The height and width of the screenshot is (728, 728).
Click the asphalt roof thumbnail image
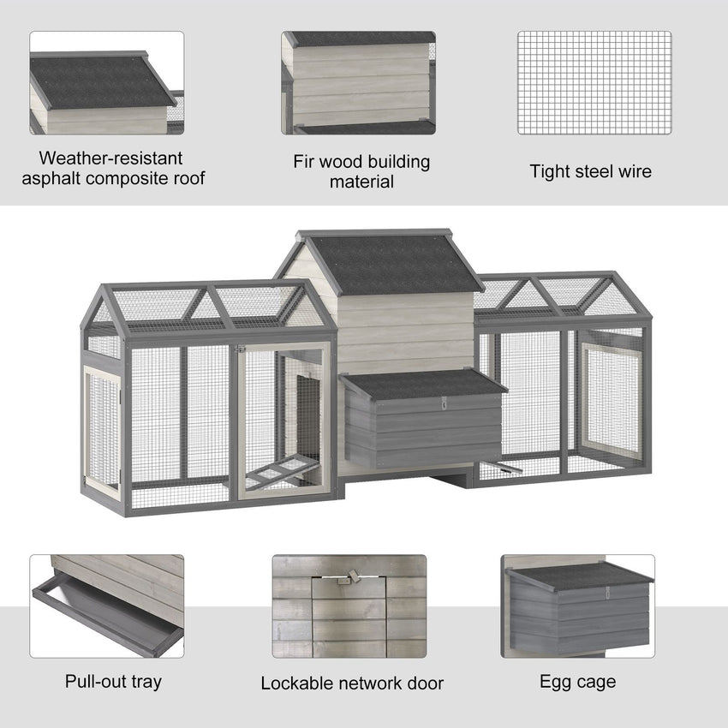(107, 83)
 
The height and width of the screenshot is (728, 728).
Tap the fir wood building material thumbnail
(359, 83)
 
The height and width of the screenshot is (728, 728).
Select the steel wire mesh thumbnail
(594, 83)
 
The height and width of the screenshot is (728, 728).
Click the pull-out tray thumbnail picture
(107, 606)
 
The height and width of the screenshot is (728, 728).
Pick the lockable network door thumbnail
(349, 606)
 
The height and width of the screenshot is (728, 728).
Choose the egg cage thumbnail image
(578, 606)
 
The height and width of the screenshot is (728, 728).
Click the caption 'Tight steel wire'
(590, 171)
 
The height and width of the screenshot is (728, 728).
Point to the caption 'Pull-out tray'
(113, 682)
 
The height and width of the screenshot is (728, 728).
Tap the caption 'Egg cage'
(577, 682)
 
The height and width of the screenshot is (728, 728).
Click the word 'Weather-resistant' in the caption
(111, 158)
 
